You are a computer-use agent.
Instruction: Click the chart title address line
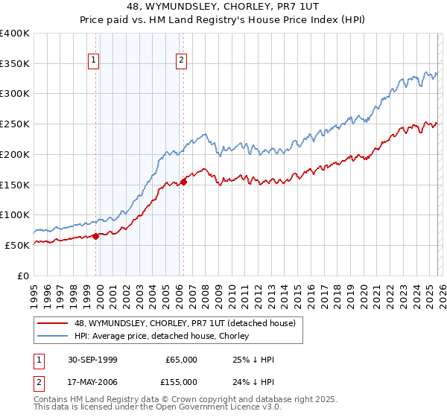point(223,7)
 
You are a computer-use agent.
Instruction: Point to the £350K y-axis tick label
point(15,63)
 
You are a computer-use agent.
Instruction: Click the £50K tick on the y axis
point(17,244)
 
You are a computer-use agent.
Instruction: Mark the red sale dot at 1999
point(96,236)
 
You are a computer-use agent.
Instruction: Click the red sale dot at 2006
point(183,182)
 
